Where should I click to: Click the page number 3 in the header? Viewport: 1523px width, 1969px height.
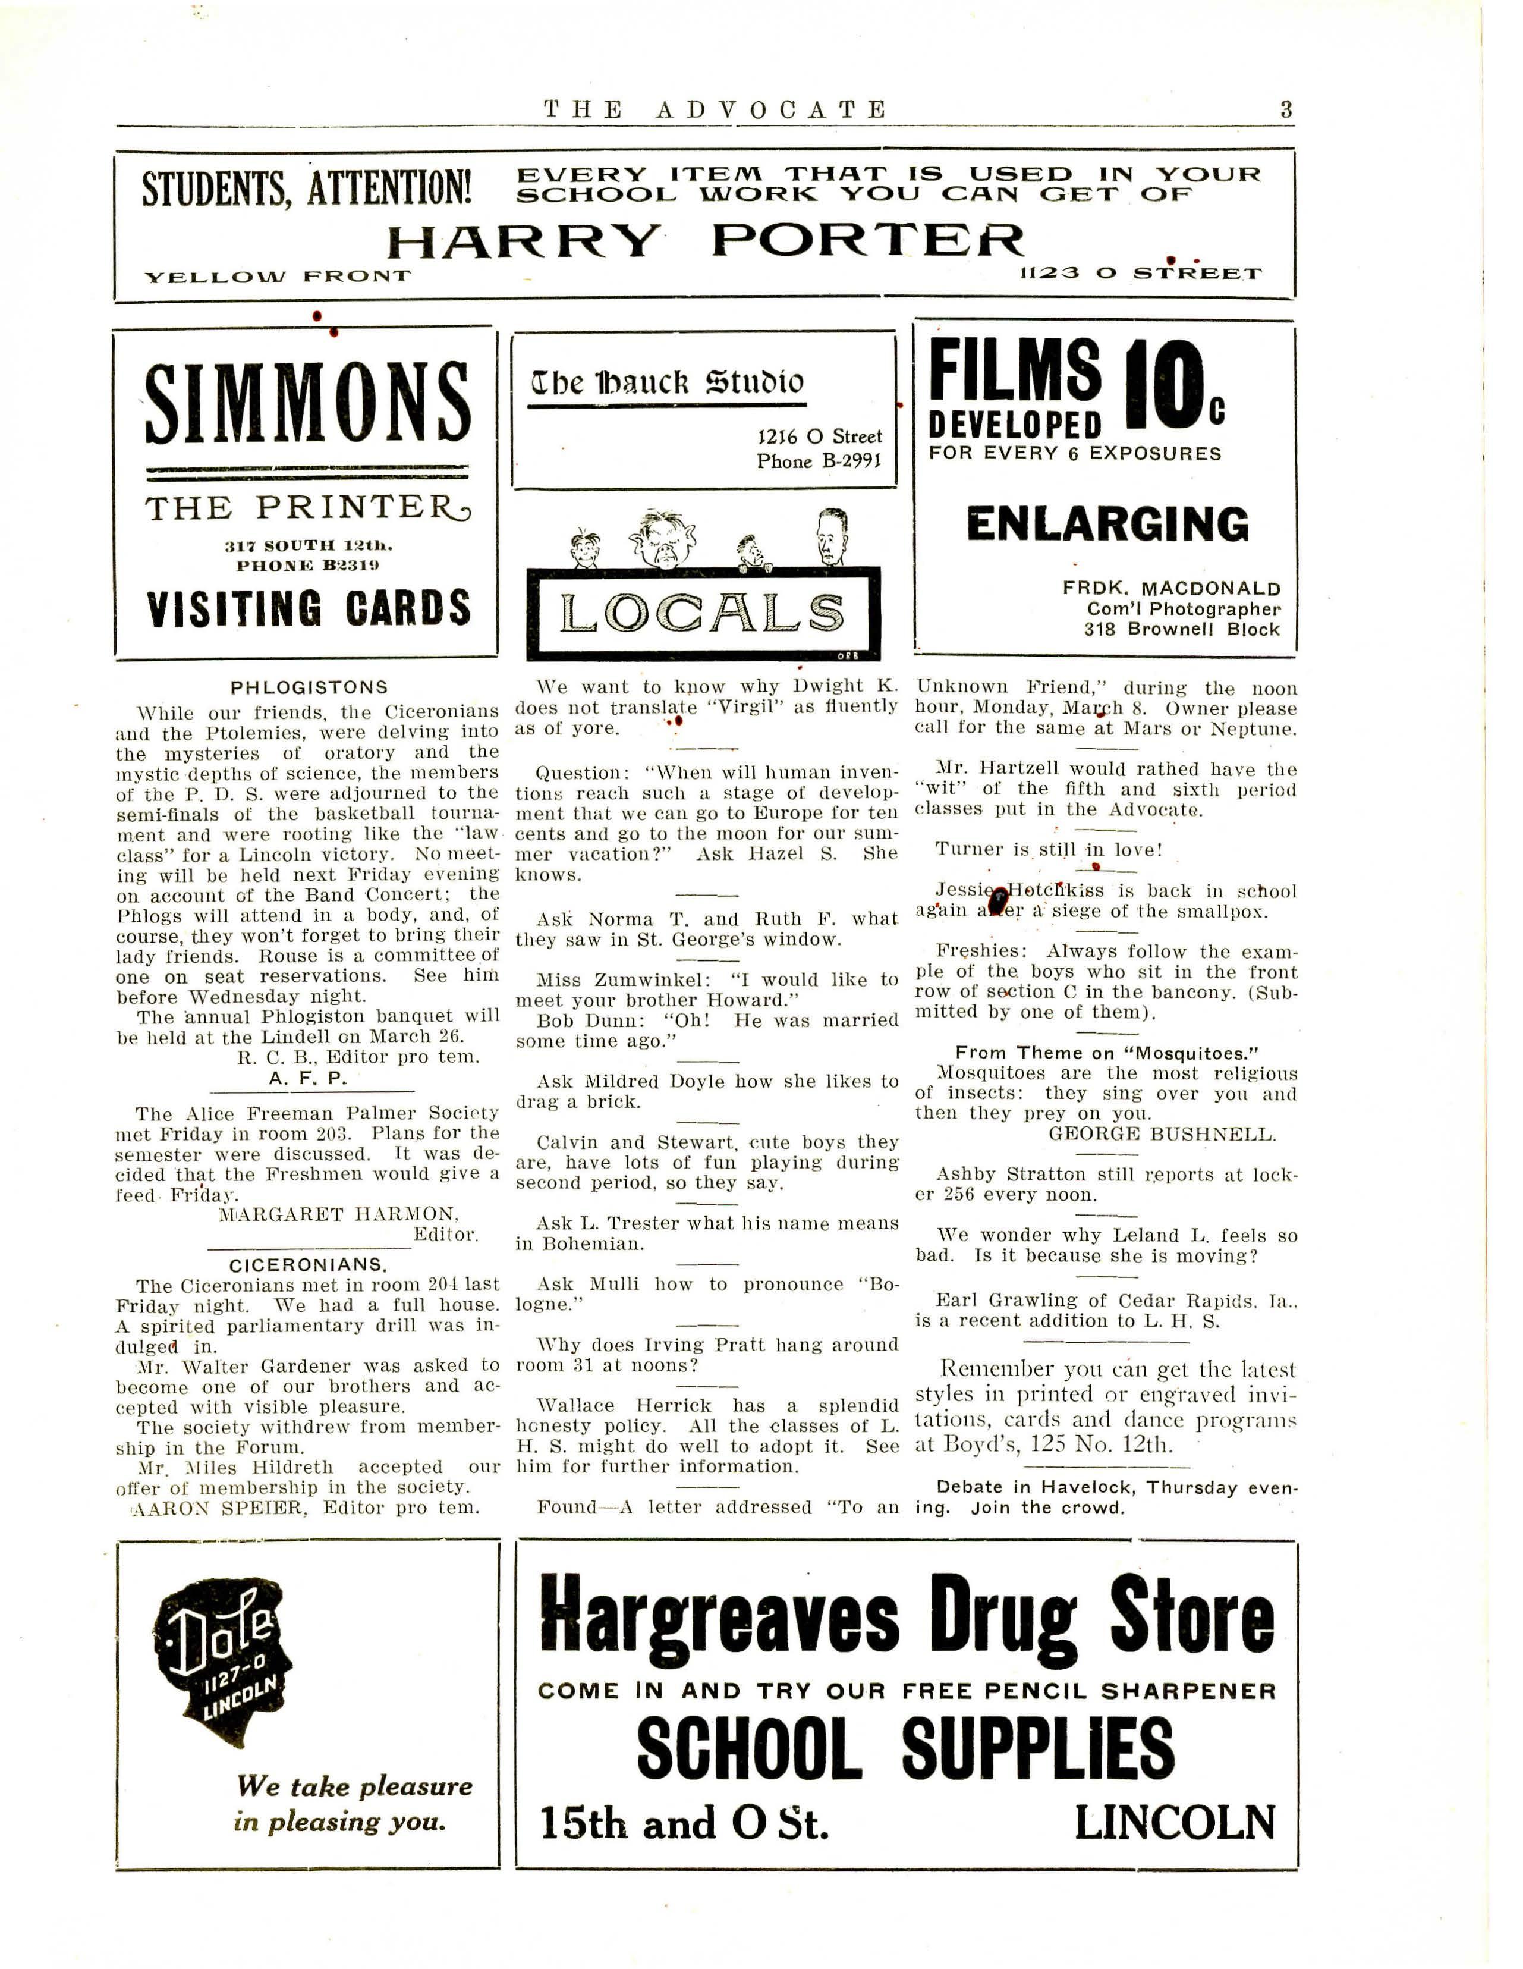point(1286,110)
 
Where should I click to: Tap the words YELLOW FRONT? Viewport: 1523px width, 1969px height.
point(278,276)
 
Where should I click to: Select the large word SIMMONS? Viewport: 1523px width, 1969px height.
point(307,404)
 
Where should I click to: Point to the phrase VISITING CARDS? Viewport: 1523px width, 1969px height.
point(308,608)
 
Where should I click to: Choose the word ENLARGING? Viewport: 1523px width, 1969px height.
point(1107,525)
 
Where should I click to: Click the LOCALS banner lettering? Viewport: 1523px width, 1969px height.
point(702,614)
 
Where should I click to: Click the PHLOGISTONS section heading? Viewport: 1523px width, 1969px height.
point(309,688)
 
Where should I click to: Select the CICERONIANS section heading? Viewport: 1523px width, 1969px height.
point(308,1265)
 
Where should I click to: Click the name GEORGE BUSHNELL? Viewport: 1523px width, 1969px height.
point(1162,1134)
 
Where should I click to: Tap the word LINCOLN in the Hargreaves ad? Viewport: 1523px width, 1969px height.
point(1174,1822)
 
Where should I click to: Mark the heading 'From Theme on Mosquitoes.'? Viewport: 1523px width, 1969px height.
point(1107,1053)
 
